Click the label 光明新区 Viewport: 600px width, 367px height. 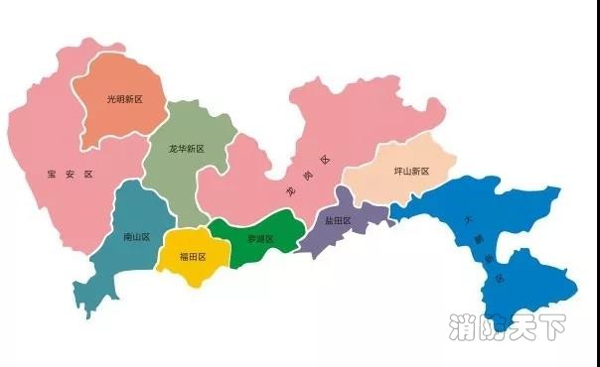[125, 99]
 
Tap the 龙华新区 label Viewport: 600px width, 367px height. [186, 149]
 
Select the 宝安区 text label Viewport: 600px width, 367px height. [69, 175]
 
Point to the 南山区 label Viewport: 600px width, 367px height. [136, 237]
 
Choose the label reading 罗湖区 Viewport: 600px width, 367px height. [259, 239]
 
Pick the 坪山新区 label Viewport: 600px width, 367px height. [412, 172]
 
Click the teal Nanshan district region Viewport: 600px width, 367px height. [134, 213]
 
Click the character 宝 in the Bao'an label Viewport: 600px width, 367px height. [52, 175]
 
